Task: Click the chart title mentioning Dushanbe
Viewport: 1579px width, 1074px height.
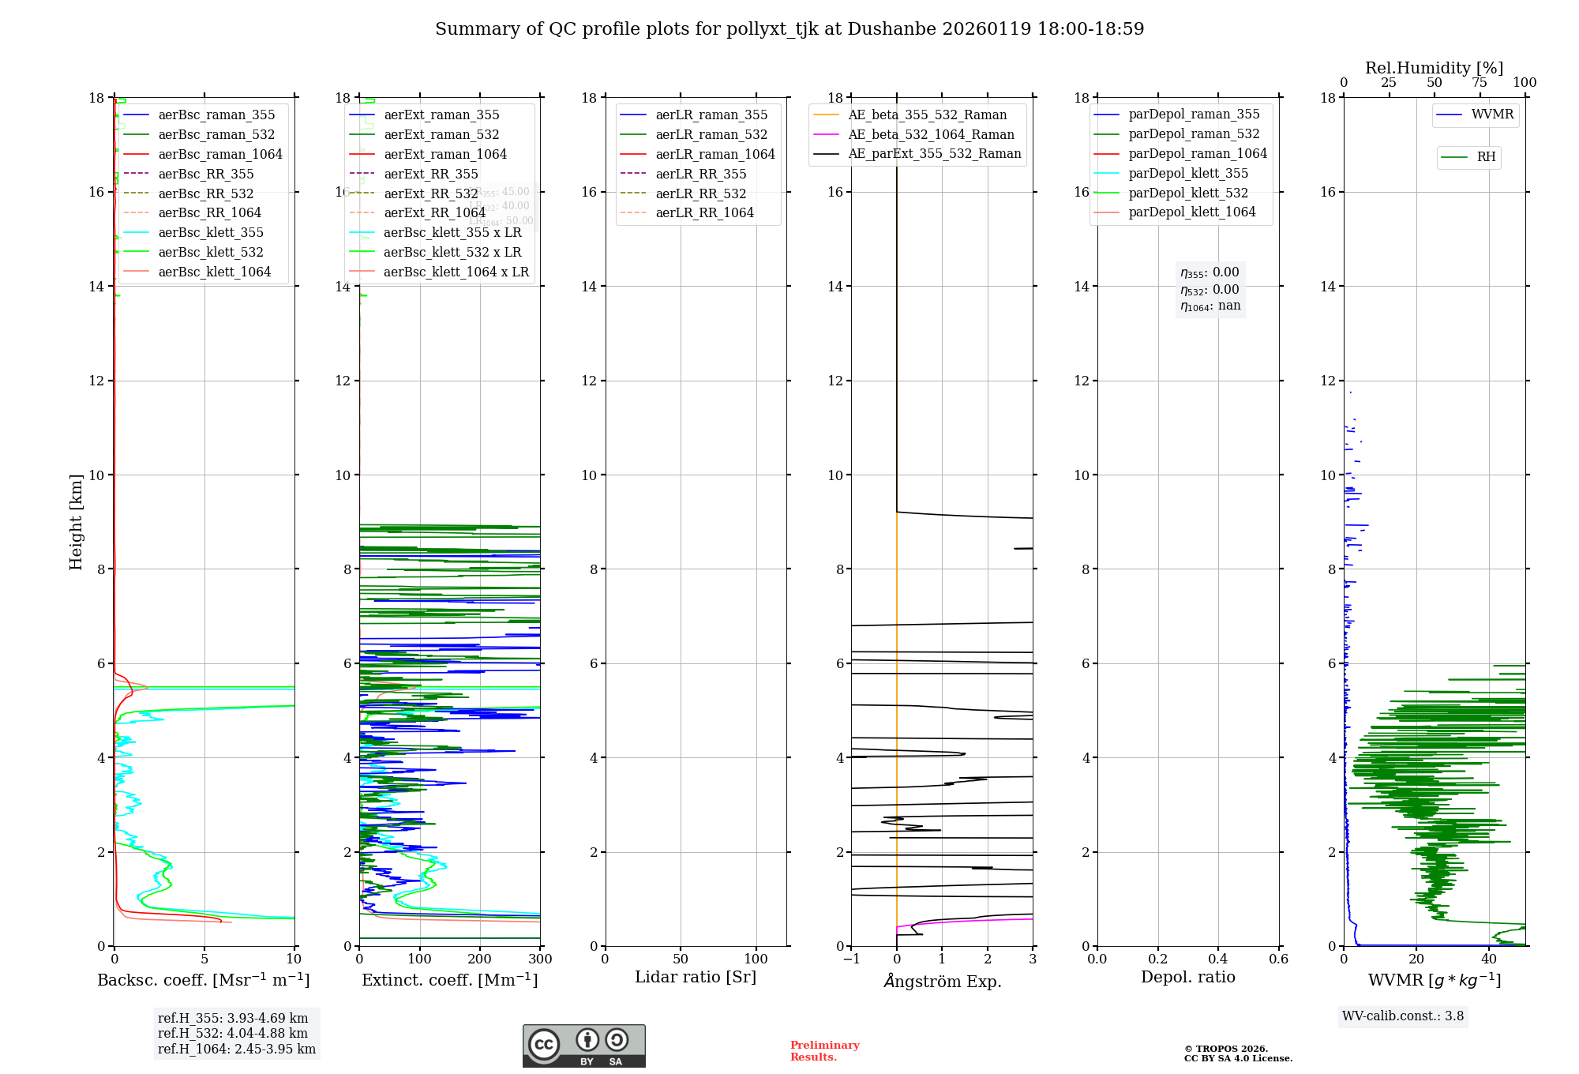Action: coord(789,29)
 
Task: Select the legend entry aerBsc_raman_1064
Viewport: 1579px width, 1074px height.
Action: coord(219,154)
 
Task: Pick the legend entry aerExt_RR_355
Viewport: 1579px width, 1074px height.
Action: coord(430,174)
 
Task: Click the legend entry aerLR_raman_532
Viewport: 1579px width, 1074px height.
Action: coord(711,134)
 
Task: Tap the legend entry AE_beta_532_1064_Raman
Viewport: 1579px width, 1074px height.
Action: coord(931,134)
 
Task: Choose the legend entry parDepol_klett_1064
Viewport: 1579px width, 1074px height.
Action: coord(1191,212)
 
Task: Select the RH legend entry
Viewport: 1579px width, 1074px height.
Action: coord(1486,157)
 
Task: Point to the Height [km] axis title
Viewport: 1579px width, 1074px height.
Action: coord(76,521)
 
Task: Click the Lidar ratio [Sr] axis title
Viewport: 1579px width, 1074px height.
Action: coord(695,977)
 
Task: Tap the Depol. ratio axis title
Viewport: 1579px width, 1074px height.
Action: coord(1187,977)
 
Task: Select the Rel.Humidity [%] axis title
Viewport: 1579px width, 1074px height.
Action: coord(1434,68)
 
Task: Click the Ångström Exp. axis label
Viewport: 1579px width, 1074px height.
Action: coord(942,981)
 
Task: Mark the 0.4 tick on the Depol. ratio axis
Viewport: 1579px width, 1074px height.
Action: coord(1218,959)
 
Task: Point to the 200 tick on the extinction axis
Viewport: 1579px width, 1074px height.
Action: coord(480,959)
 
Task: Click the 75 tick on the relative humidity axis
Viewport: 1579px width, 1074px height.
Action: coord(1479,83)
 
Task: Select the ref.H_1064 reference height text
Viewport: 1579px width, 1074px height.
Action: coord(236,1049)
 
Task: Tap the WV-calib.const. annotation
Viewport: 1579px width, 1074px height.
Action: coord(1402,1016)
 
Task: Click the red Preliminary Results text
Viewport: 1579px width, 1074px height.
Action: coord(824,1050)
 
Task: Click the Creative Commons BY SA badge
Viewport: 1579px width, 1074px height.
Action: coord(583,1046)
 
